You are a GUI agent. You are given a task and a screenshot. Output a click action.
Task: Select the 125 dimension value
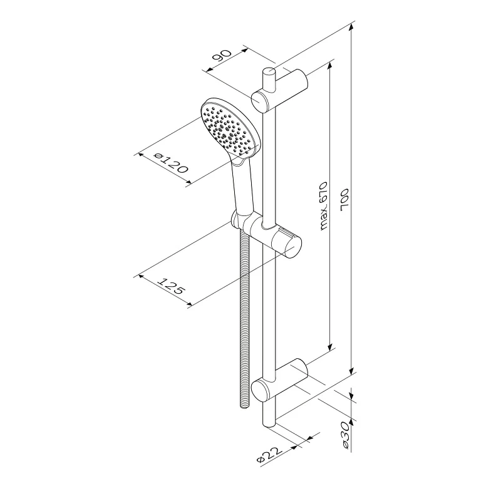click(x=172, y=286)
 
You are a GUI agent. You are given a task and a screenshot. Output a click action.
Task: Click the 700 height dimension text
click(x=345, y=199)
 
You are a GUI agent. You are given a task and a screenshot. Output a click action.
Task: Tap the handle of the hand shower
click(x=244, y=188)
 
